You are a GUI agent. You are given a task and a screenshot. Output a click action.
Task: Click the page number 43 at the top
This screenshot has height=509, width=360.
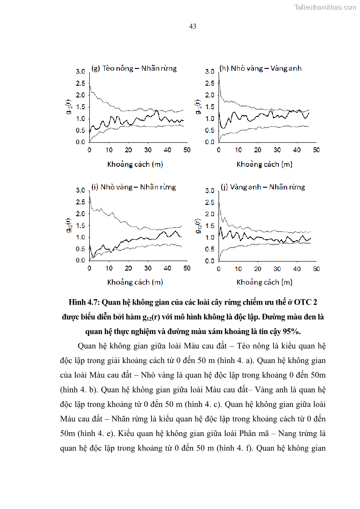192,26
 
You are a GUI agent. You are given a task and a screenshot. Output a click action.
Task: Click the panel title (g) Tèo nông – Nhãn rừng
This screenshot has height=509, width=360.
134,68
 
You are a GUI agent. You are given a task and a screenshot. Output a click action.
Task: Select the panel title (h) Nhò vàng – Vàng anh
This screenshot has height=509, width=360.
260,68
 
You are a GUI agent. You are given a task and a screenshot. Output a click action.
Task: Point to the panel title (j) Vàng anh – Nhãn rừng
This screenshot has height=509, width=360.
263,187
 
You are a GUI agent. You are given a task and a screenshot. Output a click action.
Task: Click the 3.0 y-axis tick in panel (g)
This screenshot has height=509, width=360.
80,72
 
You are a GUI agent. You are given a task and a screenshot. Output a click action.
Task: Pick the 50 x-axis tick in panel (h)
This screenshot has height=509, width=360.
316,150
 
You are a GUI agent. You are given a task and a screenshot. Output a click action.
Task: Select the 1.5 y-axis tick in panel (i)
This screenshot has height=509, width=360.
80,225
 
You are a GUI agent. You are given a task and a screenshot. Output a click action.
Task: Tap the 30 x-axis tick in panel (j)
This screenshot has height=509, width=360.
277,269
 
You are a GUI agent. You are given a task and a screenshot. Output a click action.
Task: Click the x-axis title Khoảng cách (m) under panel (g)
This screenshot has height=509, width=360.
135,164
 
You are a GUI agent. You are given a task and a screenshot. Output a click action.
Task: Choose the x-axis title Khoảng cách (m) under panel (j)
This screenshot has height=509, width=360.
264,282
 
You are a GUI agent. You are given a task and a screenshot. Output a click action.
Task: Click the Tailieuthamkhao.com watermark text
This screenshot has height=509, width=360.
325,7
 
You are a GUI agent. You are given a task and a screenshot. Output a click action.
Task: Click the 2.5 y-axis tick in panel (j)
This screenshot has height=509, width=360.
209,202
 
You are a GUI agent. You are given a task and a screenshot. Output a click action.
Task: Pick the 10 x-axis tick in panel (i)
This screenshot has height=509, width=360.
109,269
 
